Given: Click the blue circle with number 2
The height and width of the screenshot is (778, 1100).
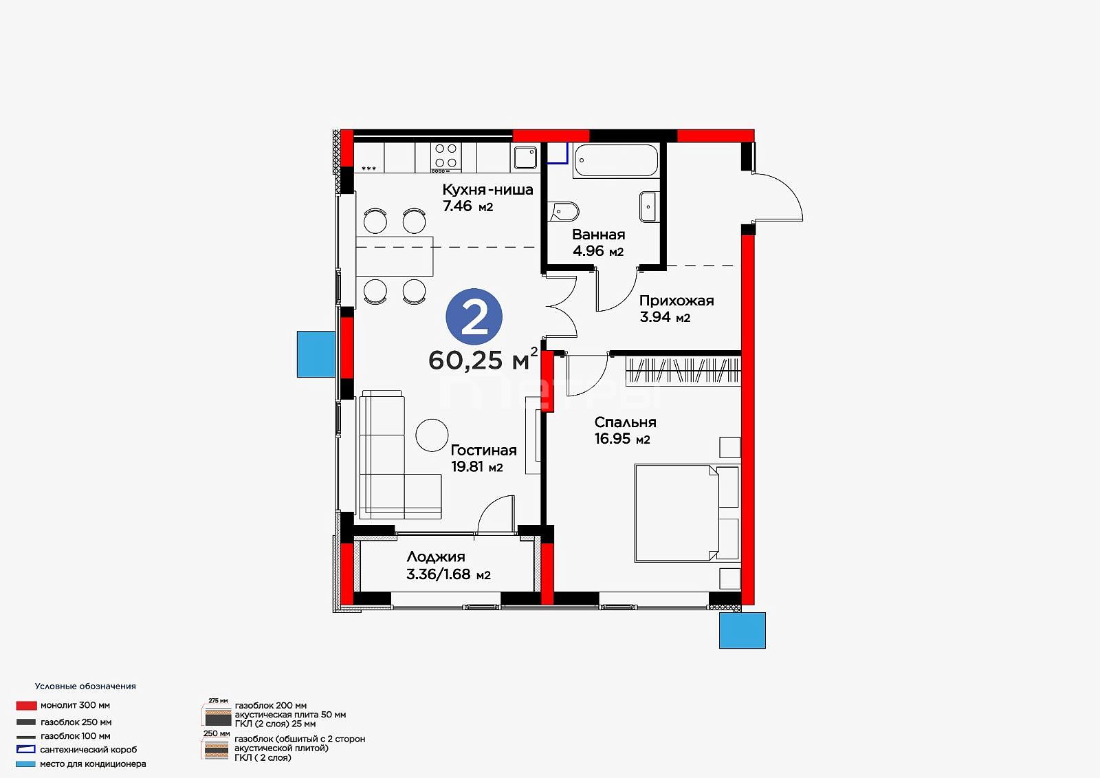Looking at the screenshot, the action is click(474, 316).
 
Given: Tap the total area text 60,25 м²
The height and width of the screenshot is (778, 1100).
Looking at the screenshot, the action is click(483, 359).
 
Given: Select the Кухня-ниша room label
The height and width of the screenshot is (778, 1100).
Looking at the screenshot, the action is click(487, 190).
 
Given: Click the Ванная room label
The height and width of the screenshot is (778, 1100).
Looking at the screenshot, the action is click(599, 235).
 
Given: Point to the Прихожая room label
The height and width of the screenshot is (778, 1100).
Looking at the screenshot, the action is click(676, 301).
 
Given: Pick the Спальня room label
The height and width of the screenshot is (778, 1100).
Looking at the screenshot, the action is click(625, 422).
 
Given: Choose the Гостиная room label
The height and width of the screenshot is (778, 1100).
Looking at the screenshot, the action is click(484, 450).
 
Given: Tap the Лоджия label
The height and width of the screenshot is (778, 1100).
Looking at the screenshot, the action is click(436, 557).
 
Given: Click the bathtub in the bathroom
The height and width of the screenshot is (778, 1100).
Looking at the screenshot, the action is click(616, 160).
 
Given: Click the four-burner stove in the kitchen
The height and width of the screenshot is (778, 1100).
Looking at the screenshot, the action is click(446, 157).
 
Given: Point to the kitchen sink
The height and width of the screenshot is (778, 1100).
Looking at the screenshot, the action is click(525, 158).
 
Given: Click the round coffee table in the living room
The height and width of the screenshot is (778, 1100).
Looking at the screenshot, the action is click(432, 435).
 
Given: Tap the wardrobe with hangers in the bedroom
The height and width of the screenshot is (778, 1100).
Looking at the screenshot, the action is click(683, 371).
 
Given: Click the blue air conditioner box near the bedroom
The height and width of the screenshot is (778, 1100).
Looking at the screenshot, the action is click(742, 630).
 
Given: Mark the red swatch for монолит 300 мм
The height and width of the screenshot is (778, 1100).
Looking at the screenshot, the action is click(27, 705).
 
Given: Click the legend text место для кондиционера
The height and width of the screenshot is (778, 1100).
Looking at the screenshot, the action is click(93, 764).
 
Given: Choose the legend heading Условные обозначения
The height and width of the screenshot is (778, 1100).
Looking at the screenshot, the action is click(85, 686).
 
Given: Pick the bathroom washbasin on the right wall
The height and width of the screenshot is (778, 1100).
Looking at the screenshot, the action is click(649, 207).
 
